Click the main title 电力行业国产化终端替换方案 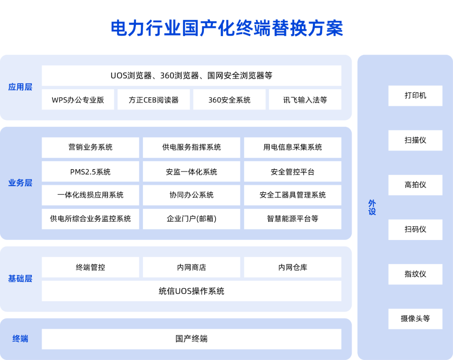pyautogui.click(x=227, y=28)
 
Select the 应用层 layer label pyautogui.click(x=20, y=87)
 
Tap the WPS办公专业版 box pyautogui.click(x=78, y=99)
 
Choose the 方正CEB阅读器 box pyautogui.click(x=154, y=99)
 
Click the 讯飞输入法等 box pyautogui.click(x=305, y=99)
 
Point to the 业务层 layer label pyautogui.click(x=20, y=183)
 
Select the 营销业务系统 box pyautogui.click(x=91, y=147)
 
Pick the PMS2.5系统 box pyautogui.click(x=91, y=171)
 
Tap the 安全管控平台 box pyautogui.click(x=293, y=171)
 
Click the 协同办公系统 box pyautogui.click(x=192, y=195)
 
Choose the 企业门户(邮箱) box pyautogui.click(x=192, y=219)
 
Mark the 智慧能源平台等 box pyautogui.click(x=293, y=219)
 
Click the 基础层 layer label pyautogui.click(x=20, y=279)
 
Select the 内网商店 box pyautogui.click(x=192, y=267)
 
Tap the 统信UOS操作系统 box pyautogui.click(x=192, y=291)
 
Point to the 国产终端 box pyautogui.click(x=192, y=339)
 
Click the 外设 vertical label pyautogui.click(x=372, y=207)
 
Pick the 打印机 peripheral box pyautogui.click(x=415, y=96)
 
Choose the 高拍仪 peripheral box pyautogui.click(x=415, y=185)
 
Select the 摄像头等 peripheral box pyautogui.click(x=415, y=319)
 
